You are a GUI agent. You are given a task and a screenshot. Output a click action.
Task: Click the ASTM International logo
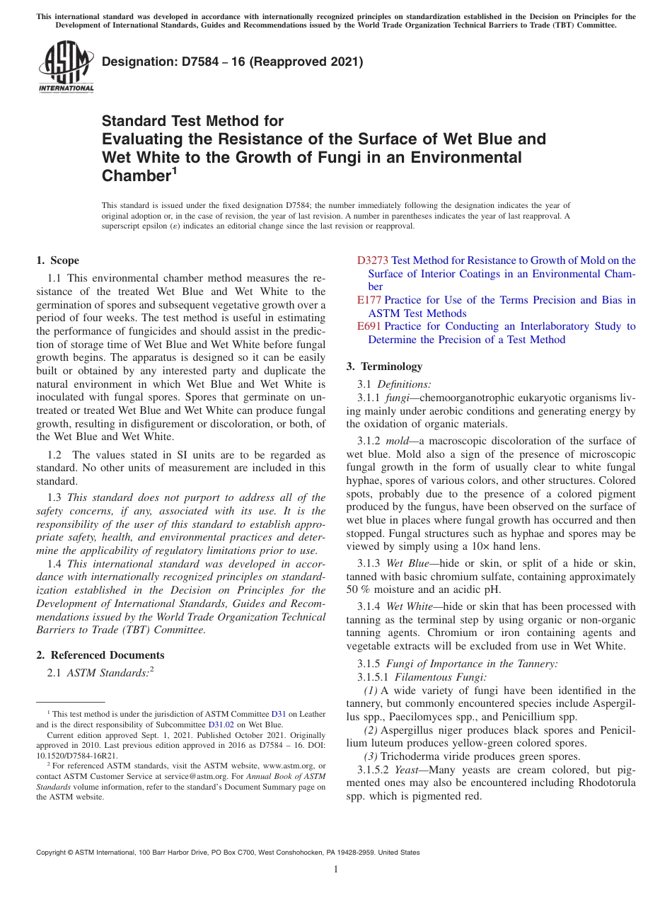(x=65, y=68)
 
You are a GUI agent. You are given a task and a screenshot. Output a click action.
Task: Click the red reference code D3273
(x=372, y=260)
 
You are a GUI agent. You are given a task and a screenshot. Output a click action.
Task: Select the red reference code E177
(x=369, y=300)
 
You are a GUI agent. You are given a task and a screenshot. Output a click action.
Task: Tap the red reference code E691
(x=369, y=326)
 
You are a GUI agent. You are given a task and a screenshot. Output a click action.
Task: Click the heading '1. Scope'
(x=58, y=260)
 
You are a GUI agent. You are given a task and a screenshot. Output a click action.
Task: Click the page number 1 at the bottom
(x=335, y=869)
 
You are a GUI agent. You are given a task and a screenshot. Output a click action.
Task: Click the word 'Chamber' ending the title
(x=135, y=175)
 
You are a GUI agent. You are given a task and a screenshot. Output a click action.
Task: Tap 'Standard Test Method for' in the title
(x=192, y=121)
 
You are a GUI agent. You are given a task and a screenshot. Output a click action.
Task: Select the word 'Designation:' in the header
(x=137, y=62)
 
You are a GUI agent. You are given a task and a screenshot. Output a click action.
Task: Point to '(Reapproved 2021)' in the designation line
(x=306, y=62)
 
